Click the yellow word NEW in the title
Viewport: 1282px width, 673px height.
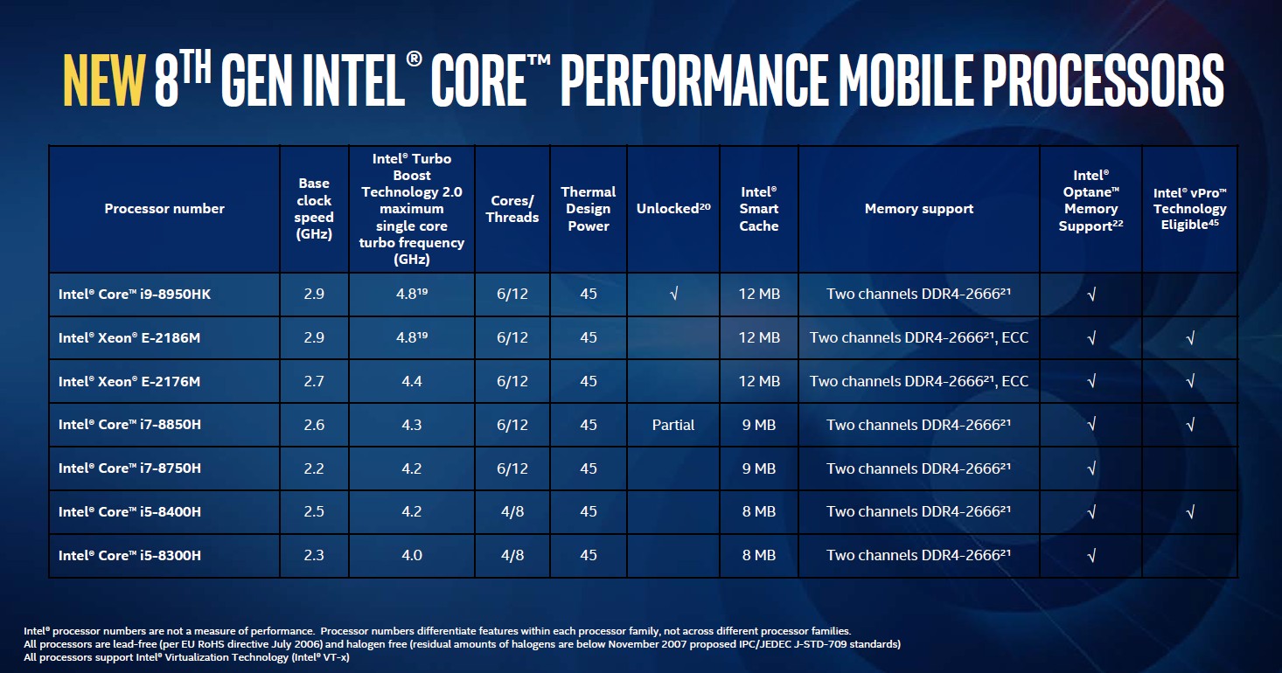103,80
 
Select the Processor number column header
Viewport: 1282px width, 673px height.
164,209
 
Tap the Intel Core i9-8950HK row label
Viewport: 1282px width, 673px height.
135,295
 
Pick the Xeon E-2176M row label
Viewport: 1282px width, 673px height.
129,381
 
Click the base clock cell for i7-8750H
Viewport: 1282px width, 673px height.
314,468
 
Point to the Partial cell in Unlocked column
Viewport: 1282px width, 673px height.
673,425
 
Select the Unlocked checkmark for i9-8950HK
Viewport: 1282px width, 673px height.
673,295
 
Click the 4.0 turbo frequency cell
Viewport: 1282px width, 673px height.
411,555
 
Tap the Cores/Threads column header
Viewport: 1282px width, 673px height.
512,209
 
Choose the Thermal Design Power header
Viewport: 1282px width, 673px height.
589,209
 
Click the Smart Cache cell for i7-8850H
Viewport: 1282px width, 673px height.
759,425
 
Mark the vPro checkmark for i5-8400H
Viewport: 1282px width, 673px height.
1190,512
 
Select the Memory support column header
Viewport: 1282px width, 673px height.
919,209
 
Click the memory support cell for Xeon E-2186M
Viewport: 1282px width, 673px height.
919,337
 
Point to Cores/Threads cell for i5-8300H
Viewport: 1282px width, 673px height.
512,555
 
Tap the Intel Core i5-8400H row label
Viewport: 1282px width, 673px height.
129,512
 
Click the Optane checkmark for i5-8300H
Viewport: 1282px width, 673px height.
1090,556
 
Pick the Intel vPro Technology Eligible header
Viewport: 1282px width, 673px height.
1190,209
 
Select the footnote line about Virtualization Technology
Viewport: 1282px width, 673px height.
187,657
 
